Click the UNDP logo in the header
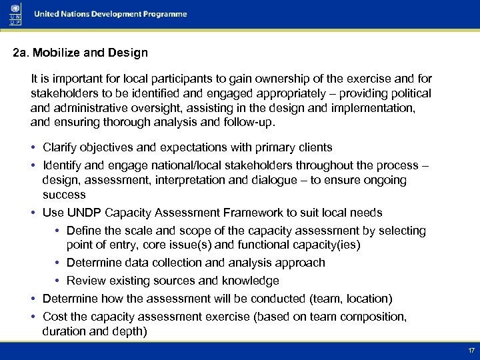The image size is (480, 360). click(x=15, y=14)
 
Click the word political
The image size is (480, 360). click(x=407, y=93)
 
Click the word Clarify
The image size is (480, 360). click(x=60, y=147)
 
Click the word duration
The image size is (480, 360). click(x=64, y=331)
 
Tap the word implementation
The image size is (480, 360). click(x=373, y=108)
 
